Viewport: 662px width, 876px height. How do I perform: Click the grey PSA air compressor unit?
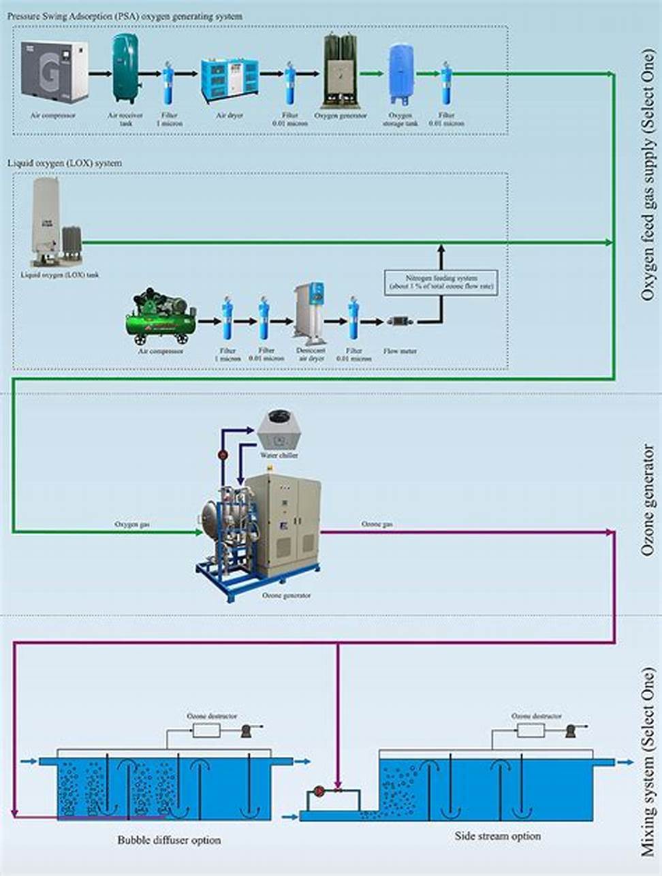54,70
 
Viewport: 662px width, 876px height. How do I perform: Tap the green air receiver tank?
127,68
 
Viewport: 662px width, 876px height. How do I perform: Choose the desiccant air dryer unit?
311,312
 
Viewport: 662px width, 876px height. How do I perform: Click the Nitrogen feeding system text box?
441,283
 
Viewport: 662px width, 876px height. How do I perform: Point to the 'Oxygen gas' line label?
132,525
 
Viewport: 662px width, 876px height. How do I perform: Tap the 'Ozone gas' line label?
377,525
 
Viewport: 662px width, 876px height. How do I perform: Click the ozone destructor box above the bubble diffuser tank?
206,730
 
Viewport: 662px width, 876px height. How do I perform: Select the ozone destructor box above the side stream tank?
531,730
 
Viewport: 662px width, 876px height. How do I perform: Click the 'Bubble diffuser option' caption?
169,841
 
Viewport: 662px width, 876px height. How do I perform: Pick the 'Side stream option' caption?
497,836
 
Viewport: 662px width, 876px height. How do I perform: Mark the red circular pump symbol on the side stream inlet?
317,792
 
